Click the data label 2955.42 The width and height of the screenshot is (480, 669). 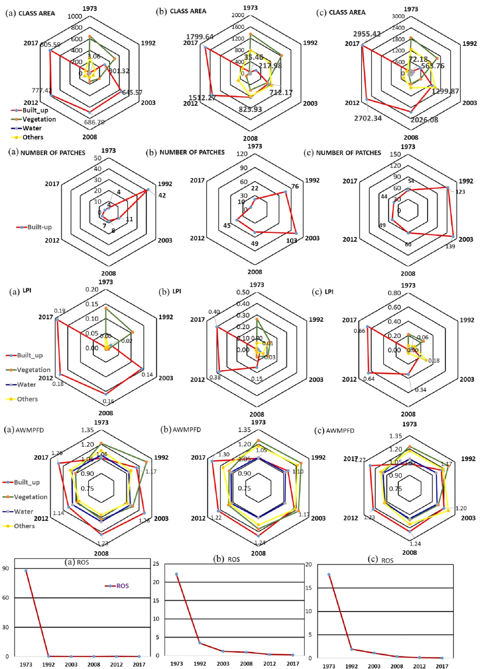tap(367, 34)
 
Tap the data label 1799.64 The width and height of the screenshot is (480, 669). tap(200, 37)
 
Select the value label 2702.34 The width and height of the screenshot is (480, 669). tap(368, 118)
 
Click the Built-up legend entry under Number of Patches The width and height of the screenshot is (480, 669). tap(34, 227)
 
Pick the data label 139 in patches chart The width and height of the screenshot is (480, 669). tap(450, 246)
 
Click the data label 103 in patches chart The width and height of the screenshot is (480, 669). tap(292, 241)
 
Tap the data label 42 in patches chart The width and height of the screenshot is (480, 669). tap(162, 195)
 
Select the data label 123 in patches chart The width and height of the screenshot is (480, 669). tap(460, 192)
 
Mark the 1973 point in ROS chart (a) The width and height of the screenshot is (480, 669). tap(26, 571)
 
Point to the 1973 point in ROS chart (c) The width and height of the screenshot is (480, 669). tap(329, 575)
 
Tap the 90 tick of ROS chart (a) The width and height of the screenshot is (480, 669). tap(6, 569)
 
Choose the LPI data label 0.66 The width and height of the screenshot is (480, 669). tap(359, 331)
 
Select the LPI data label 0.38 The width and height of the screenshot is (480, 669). tap(215, 377)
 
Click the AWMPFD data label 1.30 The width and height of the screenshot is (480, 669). tap(224, 454)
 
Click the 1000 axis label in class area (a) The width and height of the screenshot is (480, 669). tap(75, 16)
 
